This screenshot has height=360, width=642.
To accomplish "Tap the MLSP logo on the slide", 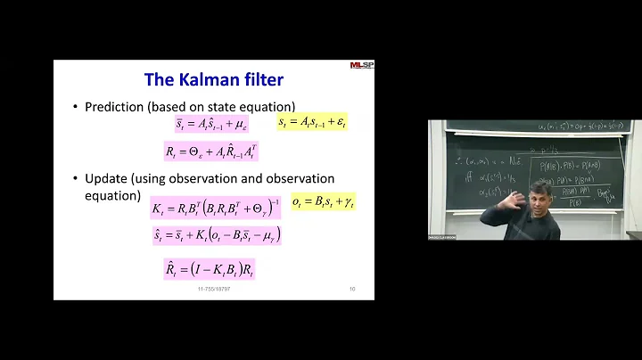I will [363, 65].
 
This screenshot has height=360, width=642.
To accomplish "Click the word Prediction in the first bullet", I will [114, 107].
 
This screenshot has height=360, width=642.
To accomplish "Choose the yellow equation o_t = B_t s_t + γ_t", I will [323, 203].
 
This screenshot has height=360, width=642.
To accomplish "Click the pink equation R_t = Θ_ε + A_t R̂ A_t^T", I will [210, 151].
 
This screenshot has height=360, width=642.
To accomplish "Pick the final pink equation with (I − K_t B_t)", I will [210, 268].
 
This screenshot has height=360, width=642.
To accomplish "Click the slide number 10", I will [352, 289].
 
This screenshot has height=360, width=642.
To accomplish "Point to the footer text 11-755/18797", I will [213, 289].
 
